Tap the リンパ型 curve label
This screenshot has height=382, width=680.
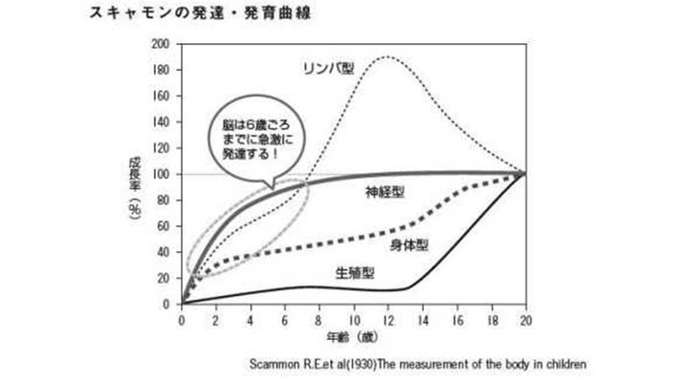pyautogui.click(x=329, y=68)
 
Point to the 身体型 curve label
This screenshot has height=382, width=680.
pyautogui.click(x=408, y=244)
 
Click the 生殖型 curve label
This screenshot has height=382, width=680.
pyautogui.click(x=354, y=272)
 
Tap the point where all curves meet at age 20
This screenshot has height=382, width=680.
pyautogui.click(x=524, y=174)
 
